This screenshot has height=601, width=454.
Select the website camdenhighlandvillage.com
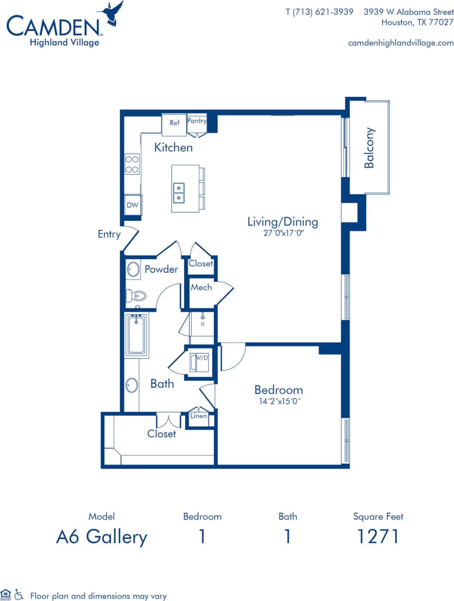pyautogui.click(x=400, y=43)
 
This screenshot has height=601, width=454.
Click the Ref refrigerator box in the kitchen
pyautogui.click(x=174, y=124)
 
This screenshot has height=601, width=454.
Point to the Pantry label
pyautogui.click(x=197, y=121)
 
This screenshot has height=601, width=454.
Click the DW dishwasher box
pyautogui.click(x=132, y=205)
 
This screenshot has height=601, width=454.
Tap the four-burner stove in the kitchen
pyautogui.click(x=132, y=164)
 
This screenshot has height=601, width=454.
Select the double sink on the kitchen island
pyautogui.click(x=179, y=192)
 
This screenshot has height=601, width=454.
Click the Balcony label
pyautogui.click(x=369, y=148)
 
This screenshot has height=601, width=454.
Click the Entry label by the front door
pyautogui.click(x=109, y=234)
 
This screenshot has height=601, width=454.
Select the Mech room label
pyautogui.click(x=201, y=288)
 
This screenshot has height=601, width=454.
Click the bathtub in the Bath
pyautogui.click(x=136, y=335)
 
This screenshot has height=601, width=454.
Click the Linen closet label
pyautogui.click(x=199, y=416)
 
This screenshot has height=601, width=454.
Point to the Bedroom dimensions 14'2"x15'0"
pyautogui.click(x=278, y=401)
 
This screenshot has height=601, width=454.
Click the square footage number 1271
pyautogui.click(x=378, y=537)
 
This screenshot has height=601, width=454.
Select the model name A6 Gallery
pyautogui.click(x=101, y=537)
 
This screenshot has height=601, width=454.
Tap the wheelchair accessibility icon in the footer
pyautogui.click(x=19, y=594)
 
